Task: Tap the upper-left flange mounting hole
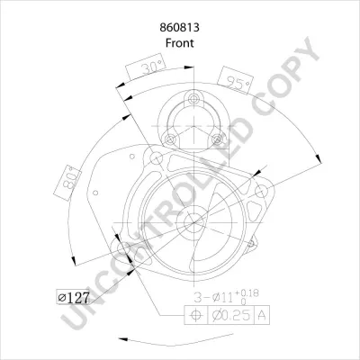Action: coord(156,160)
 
